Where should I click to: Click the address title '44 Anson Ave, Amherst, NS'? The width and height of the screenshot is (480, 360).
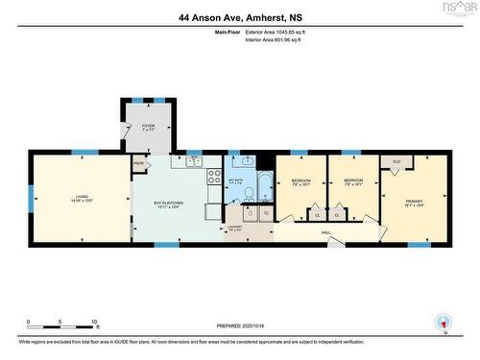tap(239, 16)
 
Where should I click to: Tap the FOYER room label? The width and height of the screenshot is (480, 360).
tap(148, 124)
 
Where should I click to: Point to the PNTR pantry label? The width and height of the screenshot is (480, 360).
tap(138, 164)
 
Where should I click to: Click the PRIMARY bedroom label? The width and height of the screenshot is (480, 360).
tap(414, 202)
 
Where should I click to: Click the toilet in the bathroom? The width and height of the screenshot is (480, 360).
tap(249, 195)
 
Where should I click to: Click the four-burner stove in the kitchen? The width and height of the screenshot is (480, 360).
tap(214, 177)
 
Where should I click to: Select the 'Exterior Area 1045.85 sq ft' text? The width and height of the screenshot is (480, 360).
tap(280, 33)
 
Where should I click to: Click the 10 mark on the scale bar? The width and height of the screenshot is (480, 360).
tap(92, 323)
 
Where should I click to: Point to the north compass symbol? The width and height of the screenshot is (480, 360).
tap(442, 321)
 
